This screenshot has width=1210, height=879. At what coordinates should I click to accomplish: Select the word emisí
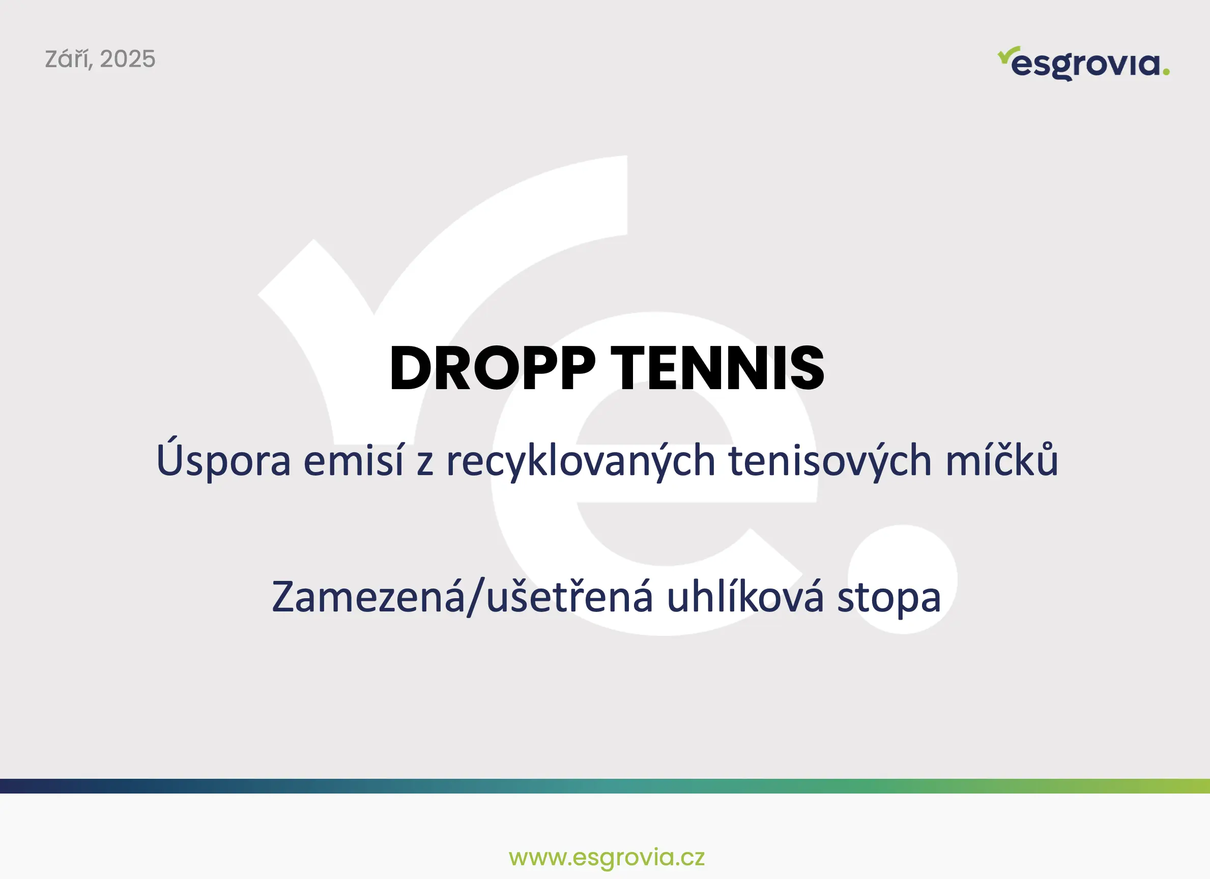(x=354, y=459)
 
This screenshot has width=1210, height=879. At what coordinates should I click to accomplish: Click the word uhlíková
(x=745, y=596)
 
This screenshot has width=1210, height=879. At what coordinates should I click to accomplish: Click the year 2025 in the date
(x=128, y=59)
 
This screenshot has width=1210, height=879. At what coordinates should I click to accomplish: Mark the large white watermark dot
(x=903, y=579)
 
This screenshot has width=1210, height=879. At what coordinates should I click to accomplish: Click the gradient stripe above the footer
(x=605, y=786)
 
